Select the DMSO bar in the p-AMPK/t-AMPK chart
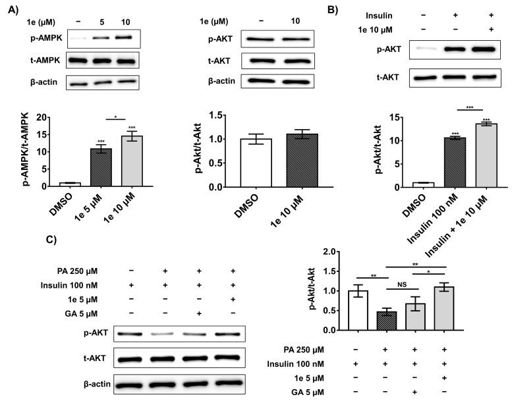click(x=70, y=184)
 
